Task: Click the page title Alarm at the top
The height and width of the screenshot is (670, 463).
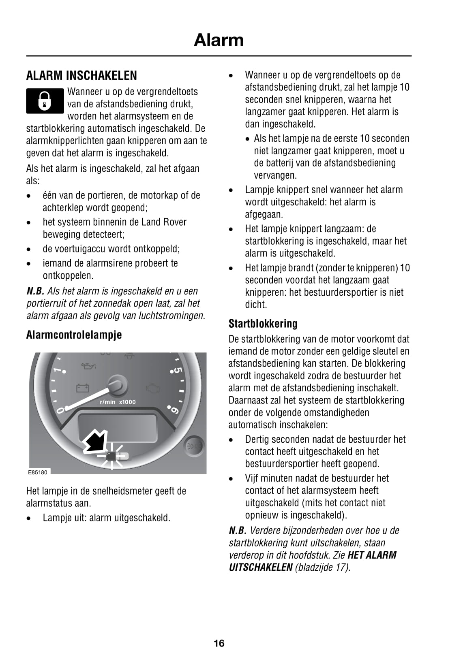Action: point(219,40)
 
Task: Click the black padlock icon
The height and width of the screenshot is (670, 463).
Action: point(45,101)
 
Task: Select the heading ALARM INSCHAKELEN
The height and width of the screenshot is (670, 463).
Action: point(81,76)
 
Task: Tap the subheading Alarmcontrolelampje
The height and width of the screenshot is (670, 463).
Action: point(74,335)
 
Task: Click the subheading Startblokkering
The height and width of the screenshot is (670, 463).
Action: point(263,324)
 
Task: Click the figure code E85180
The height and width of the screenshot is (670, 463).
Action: point(38,472)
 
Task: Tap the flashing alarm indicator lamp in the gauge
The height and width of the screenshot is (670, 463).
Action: point(111,457)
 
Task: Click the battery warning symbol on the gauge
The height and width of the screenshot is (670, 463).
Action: point(82,388)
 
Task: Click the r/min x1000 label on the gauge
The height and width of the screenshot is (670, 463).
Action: point(118,402)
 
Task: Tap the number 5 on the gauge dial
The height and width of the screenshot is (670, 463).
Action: point(177,371)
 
